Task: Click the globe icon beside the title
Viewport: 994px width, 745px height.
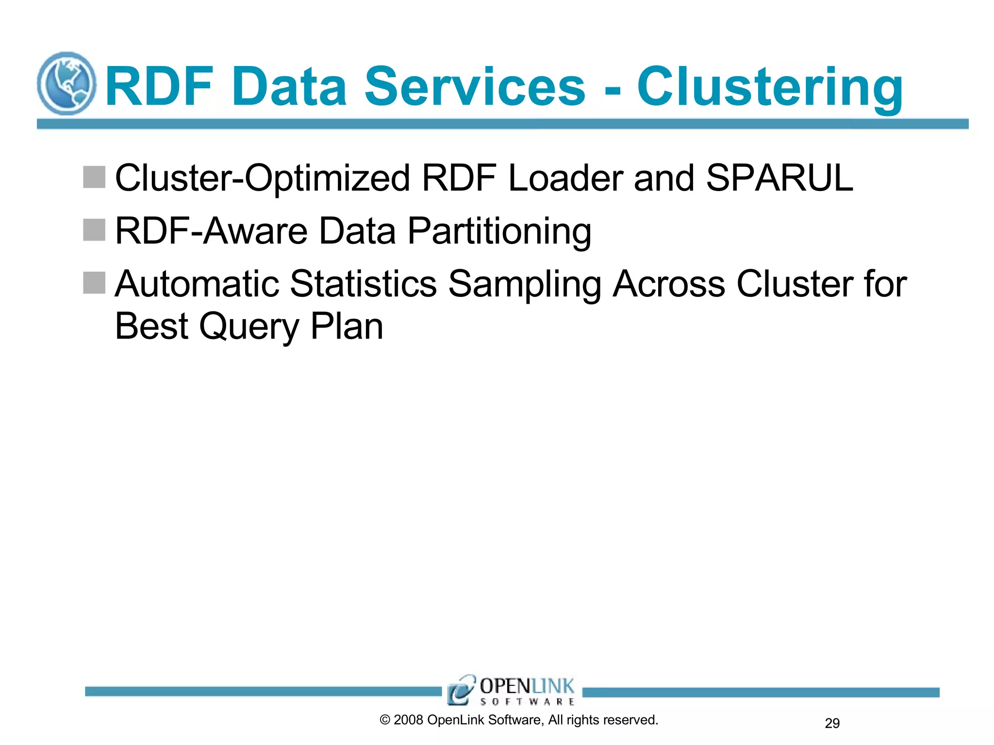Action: tap(66, 83)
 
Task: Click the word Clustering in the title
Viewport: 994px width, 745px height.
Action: tap(770, 87)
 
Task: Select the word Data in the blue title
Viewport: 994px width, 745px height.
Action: tap(289, 87)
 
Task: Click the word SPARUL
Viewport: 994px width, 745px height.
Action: tap(779, 178)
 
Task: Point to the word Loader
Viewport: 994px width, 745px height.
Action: tap(565, 178)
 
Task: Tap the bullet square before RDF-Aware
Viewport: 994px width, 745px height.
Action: tap(94, 230)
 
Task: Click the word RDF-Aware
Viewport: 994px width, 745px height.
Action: tap(211, 231)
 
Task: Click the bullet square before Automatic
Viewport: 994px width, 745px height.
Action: tap(94, 283)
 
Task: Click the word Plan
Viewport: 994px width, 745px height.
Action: tap(347, 326)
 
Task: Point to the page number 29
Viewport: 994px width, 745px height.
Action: tap(832, 723)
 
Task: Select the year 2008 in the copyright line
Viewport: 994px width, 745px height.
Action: tap(408, 720)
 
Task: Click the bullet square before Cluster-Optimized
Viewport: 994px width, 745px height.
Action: tap(94, 177)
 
